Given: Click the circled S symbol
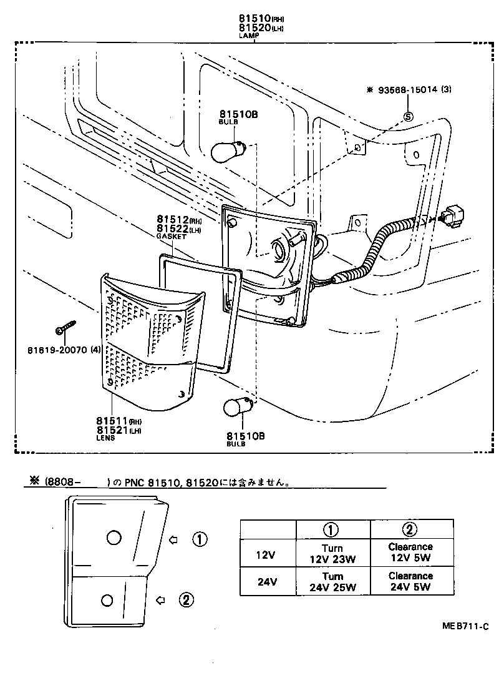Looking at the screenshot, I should point(409,115).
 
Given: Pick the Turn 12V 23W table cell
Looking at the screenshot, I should point(333,553).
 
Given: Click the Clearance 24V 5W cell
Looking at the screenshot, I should point(410,581).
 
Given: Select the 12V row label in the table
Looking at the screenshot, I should point(267,553).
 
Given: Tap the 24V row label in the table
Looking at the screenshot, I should point(267,582).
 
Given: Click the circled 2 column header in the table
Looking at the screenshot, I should point(409,529).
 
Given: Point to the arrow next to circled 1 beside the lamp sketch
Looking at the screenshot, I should point(175,539).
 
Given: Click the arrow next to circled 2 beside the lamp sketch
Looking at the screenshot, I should point(160,600).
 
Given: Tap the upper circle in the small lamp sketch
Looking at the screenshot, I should point(114,538).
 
